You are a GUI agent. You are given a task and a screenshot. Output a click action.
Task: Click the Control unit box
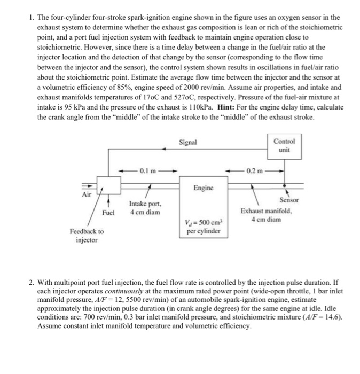285,145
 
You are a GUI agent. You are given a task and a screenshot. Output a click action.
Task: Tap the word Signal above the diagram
188,143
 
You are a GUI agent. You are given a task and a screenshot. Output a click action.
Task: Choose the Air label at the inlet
86,194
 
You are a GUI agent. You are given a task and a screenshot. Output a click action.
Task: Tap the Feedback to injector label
87,236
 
